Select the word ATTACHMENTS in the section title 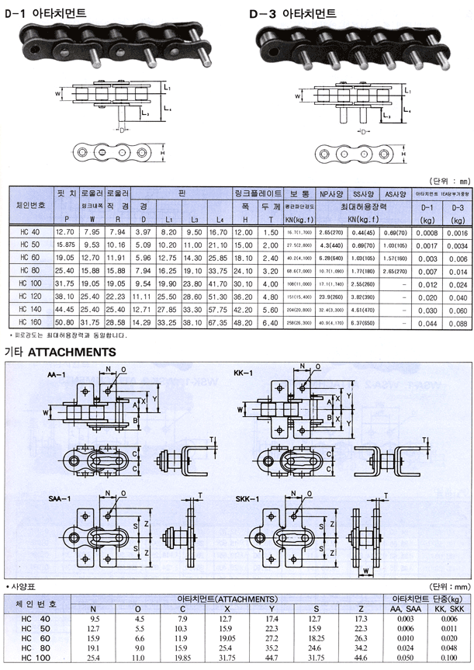click(x=72, y=352)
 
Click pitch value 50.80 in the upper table click(x=64, y=323)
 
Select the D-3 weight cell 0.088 click(x=457, y=323)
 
